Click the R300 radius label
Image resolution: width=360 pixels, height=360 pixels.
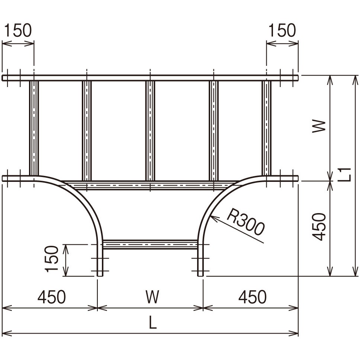pyautogui.click(x=245, y=222)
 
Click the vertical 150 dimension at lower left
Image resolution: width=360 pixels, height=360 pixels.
pyautogui.click(x=52, y=259)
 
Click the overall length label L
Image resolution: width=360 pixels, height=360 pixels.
pyautogui.click(x=153, y=322)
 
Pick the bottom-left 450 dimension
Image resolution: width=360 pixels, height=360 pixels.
pyautogui.click(x=52, y=297)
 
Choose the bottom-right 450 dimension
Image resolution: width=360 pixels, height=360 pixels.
pyautogui.click(x=253, y=297)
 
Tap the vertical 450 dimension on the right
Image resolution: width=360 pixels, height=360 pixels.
pyautogui.click(x=319, y=227)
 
